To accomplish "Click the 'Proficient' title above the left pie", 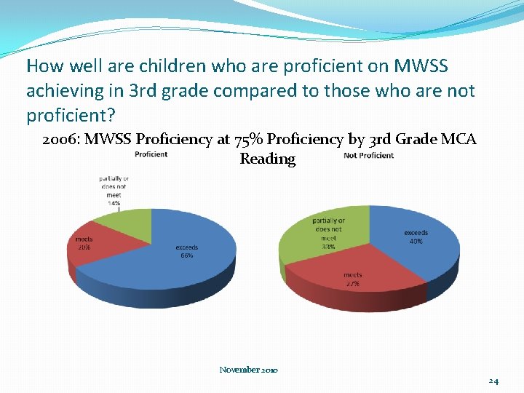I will [x=151, y=154].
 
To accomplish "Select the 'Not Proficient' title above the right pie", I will [x=368, y=155].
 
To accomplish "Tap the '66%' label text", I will [x=187, y=256].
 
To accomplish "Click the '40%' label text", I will [x=416, y=241].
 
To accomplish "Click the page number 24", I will [x=493, y=381].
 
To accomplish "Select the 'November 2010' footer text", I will [x=248, y=370].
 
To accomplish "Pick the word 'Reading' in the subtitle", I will [x=267, y=159].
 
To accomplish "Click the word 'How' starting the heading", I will [x=44, y=66].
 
